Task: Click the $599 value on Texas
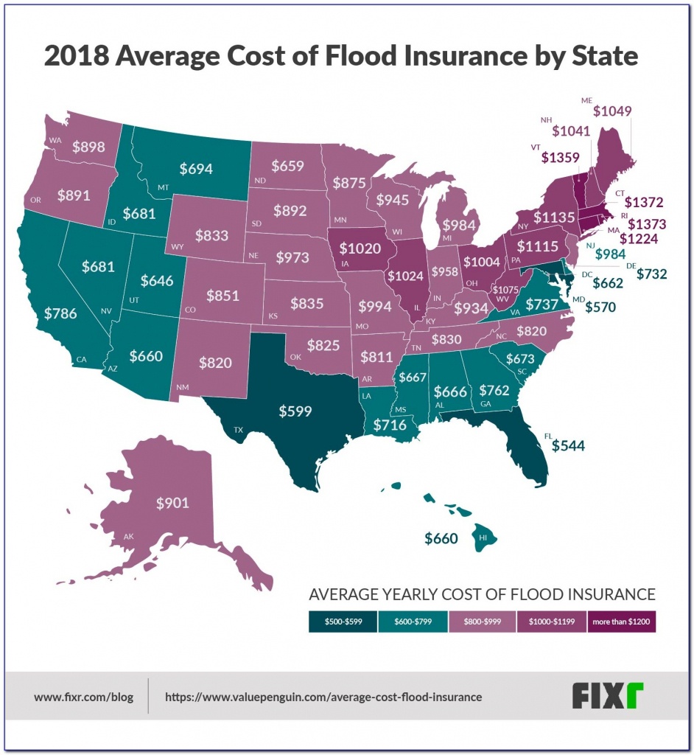click(x=295, y=411)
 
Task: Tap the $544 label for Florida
click(x=568, y=446)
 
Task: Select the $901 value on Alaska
click(x=172, y=503)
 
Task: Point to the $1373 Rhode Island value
click(x=647, y=224)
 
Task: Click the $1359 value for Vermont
click(x=560, y=158)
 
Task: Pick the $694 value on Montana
click(x=196, y=169)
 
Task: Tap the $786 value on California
click(x=60, y=313)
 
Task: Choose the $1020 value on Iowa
click(x=360, y=248)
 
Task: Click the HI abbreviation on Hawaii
click(x=483, y=537)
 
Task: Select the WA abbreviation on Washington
click(x=55, y=141)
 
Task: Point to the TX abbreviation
click(x=238, y=430)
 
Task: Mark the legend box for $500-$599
click(x=343, y=622)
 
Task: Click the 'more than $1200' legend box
click(x=621, y=622)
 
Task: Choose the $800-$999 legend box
click(x=483, y=622)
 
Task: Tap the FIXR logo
click(x=607, y=695)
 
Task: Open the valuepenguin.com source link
click(x=323, y=697)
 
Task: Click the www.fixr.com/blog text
click(x=84, y=697)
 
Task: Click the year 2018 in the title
click(x=77, y=56)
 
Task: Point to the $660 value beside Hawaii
click(x=441, y=538)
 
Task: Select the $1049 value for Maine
click(x=612, y=111)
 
